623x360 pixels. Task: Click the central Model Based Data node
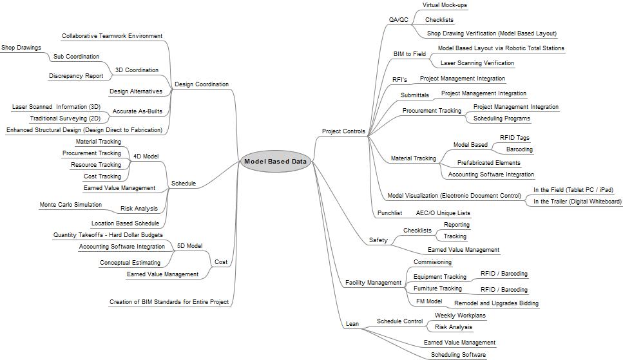click(x=275, y=162)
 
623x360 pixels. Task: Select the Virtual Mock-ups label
click(x=445, y=5)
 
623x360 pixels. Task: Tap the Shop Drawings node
click(x=21, y=48)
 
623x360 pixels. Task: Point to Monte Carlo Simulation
click(x=70, y=205)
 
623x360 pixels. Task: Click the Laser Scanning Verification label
click(x=477, y=63)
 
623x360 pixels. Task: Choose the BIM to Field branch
click(x=410, y=54)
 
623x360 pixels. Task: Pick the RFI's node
click(x=399, y=80)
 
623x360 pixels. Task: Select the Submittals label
click(x=414, y=95)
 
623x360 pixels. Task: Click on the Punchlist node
click(x=389, y=213)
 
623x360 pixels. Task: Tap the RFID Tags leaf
click(x=514, y=137)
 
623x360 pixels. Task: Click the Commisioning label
click(x=432, y=262)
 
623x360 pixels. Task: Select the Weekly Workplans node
click(x=460, y=316)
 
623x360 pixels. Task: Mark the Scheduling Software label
click(x=458, y=354)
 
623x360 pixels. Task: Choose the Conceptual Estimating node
click(x=129, y=263)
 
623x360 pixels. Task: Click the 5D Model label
click(x=189, y=246)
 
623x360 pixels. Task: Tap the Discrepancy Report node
click(x=76, y=76)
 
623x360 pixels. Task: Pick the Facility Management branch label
click(x=373, y=283)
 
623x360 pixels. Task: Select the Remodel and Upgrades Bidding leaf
click(x=496, y=303)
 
